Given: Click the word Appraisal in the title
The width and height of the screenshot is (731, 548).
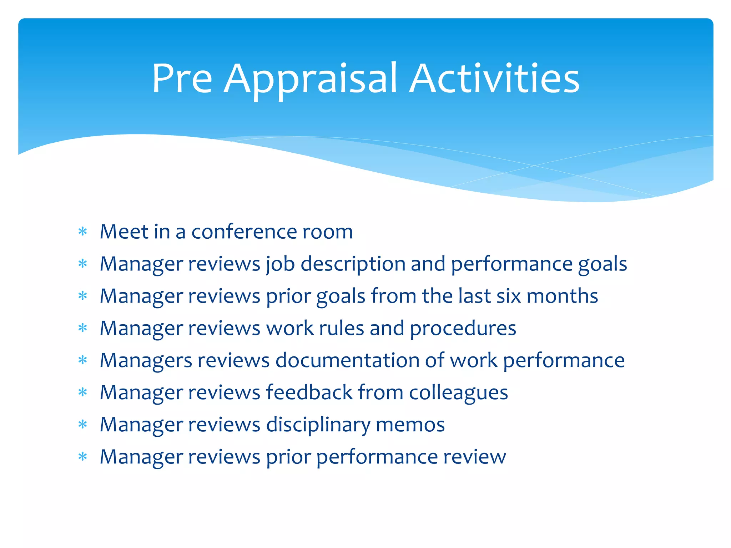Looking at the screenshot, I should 311,79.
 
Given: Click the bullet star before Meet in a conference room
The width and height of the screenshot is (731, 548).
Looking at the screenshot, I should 83,232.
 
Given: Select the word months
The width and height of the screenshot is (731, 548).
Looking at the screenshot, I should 562,296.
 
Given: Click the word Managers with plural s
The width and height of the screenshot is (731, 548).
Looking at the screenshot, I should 146,361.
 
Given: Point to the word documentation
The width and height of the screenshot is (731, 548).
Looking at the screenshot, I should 347,360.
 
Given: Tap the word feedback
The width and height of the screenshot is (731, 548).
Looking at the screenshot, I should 309,392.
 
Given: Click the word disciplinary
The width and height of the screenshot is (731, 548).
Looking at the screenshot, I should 318,425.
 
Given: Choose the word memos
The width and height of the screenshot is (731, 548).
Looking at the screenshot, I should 410,425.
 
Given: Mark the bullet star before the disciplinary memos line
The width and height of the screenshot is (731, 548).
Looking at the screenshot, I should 83,425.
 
